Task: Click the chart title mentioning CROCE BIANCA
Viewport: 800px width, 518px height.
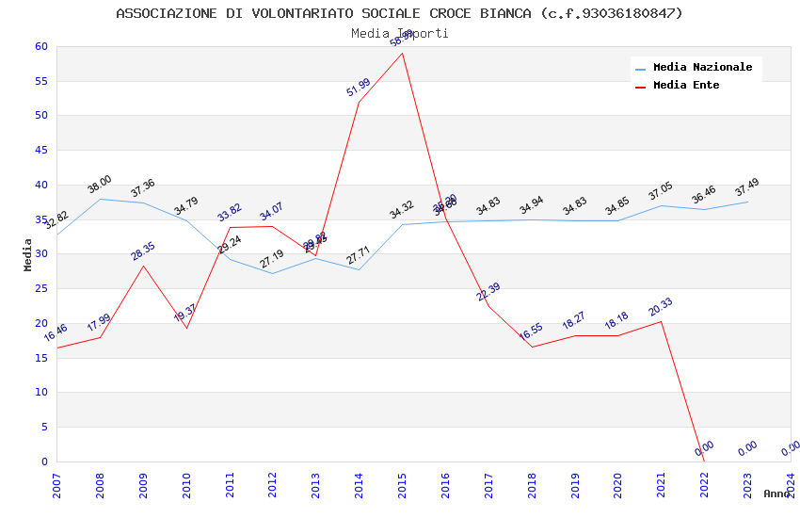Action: [400, 13]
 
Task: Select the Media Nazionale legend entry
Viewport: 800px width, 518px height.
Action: [702, 68]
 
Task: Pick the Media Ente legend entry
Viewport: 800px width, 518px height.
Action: [686, 86]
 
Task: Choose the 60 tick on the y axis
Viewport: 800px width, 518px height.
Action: [40, 47]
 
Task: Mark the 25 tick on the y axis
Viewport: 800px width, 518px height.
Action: [40, 289]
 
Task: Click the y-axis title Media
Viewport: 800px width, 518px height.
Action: [28, 254]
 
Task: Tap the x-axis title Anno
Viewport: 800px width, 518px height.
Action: [776, 494]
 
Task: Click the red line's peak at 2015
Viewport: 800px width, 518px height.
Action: [403, 53]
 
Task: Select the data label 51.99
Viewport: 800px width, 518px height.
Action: [358, 88]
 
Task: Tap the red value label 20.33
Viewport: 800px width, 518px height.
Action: [660, 306]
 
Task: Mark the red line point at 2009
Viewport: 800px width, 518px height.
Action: [143, 266]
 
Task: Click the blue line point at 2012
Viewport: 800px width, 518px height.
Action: [273, 273]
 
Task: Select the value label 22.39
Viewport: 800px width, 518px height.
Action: [488, 292]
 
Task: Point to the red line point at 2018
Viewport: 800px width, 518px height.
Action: [533, 347]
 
